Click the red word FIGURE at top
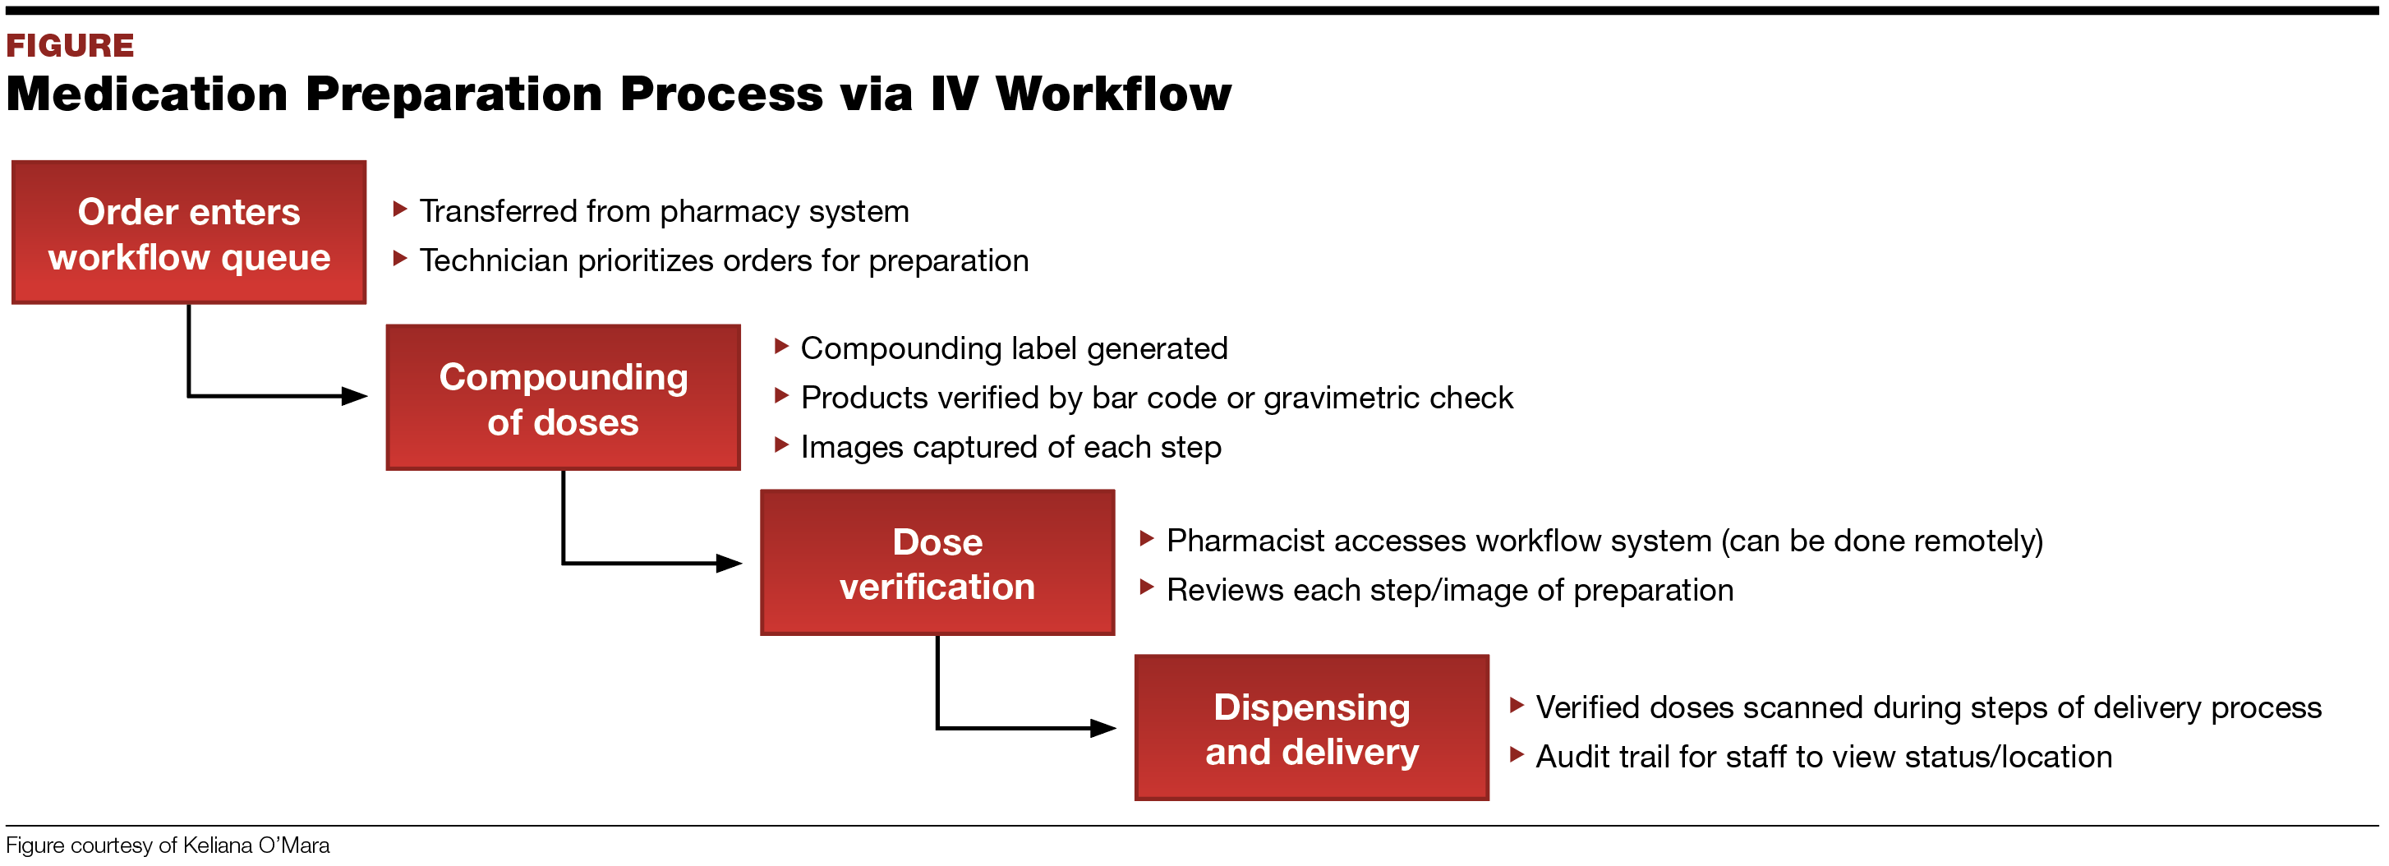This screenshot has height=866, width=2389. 70,45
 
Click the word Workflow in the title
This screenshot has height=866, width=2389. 1112,94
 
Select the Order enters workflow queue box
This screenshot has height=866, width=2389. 188,233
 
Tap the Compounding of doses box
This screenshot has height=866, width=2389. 563,398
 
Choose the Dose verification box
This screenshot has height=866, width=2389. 937,563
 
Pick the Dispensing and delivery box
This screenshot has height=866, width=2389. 1310,728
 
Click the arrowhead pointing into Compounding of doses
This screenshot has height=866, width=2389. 355,397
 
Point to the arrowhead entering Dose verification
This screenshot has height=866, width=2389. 729,563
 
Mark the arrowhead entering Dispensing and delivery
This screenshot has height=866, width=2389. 1102,728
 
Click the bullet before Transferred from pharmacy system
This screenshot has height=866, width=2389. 400,210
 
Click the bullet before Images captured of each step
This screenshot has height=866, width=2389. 781,445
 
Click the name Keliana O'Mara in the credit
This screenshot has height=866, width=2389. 256,845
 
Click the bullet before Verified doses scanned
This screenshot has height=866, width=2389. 1517,706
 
